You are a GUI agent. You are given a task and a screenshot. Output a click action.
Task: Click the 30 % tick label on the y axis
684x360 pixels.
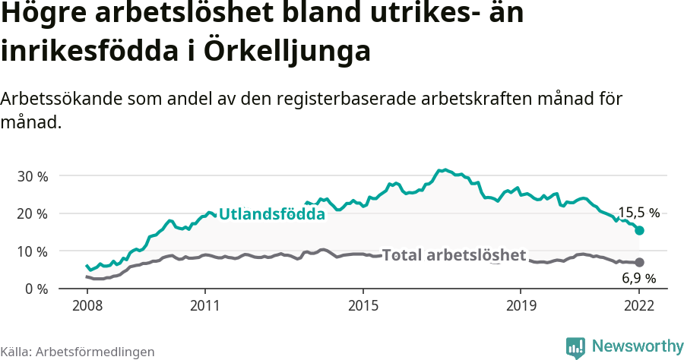point(32,176)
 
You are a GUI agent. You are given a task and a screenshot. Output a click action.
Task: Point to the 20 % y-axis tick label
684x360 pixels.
point(32,214)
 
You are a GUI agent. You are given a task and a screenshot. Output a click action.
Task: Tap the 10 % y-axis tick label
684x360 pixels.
point(32,251)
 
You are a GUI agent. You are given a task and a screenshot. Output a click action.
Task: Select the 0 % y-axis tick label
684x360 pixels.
point(36,289)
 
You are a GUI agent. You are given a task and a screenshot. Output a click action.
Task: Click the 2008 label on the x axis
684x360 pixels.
point(87,308)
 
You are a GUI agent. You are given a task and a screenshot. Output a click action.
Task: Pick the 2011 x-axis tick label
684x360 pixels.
point(205,308)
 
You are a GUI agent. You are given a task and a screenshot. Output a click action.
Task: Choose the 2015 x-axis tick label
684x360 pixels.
point(363,308)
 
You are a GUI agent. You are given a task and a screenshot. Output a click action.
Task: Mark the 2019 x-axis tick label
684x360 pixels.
point(521,308)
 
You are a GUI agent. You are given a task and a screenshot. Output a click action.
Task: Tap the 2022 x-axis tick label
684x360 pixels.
point(639,308)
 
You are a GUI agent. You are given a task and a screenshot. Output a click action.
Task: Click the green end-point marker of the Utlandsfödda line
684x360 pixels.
point(639,230)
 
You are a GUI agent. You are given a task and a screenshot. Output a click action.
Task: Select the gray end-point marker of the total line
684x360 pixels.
point(639,263)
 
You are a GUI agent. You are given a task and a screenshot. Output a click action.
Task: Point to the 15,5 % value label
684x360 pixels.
point(638,213)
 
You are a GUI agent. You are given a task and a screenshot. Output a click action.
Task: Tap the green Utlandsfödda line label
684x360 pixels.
point(271,214)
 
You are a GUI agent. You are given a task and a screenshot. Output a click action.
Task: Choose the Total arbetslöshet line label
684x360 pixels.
point(454,255)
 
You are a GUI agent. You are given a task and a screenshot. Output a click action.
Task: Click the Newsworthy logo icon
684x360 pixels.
point(575,347)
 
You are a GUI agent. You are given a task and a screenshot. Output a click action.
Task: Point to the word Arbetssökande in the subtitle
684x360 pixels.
point(60,99)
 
